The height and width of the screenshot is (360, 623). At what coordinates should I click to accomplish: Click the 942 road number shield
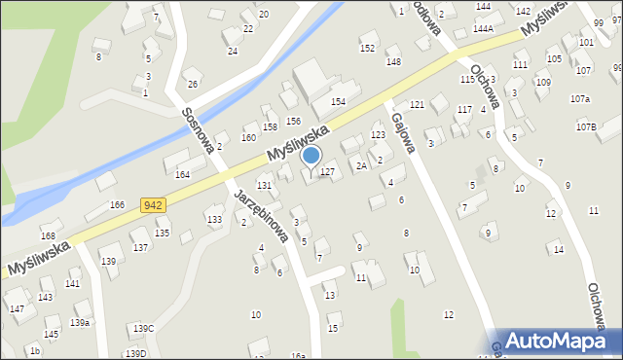point(152,204)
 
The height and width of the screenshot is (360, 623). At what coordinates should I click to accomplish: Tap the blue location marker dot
point(311,155)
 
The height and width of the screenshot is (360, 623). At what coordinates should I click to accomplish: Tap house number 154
point(338,102)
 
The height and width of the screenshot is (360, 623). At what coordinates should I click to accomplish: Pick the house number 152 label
point(367,48)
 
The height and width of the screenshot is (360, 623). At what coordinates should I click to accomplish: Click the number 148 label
point(393,62)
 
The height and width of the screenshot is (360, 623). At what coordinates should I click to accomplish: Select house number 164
point(182,175)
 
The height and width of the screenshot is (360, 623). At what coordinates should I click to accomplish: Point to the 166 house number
point(117,205)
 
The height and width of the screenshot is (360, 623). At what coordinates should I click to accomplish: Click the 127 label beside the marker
point(328,171)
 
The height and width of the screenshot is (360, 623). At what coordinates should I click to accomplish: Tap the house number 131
point(264,185)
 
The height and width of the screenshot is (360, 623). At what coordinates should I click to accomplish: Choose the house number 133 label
point(214,220)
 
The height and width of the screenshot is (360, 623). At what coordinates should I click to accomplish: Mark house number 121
point(417,104)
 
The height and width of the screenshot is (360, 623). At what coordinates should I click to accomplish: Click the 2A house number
point(360,166)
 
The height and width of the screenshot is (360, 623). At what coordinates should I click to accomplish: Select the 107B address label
point(585,126)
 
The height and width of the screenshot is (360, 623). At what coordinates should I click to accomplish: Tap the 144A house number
point(483,29)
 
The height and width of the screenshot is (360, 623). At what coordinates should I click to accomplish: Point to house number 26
point(193,84)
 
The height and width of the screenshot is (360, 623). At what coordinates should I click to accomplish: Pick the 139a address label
point(80,322)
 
